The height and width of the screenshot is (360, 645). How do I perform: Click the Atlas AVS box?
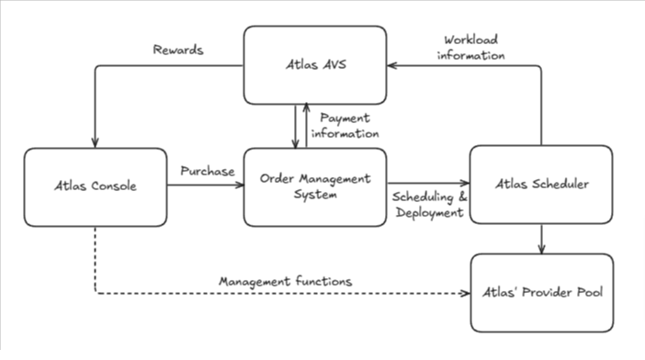[315, 65]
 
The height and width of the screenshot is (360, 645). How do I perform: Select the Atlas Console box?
[95, 186]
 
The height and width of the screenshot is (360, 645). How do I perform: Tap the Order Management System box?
[315, 186]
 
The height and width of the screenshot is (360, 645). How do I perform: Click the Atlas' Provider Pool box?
[541, 293]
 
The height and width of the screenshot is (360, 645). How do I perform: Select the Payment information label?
[346, 126]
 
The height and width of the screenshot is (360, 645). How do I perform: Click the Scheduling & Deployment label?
[428, 206]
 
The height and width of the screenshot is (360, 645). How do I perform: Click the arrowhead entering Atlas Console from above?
[95, 141]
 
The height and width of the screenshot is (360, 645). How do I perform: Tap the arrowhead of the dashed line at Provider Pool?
[464, 294]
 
